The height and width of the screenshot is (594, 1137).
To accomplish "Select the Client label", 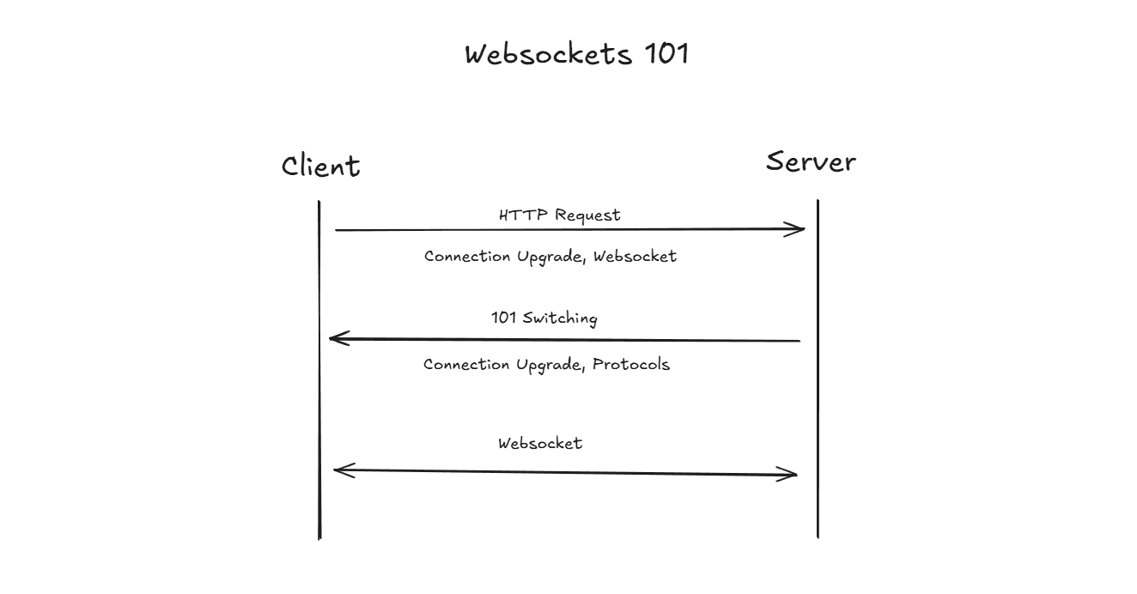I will pyautogui.click(x=320, y=165).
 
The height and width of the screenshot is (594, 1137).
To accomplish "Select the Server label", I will pyautogui.click(x=811, y=161).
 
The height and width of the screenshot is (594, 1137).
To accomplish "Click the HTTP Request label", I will pyautogui.click(x=559, y=215).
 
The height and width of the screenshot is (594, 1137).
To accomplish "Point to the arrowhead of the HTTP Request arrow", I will pyautogui.click(x=799, y=229).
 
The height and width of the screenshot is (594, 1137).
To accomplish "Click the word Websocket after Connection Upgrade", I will pyautogui.click(x=635, y=256).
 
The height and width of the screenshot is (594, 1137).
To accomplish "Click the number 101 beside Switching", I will pyautogui.click(x=503, y=318).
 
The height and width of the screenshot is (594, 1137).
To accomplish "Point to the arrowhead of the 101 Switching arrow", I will pyautogui.click(x=336, y=339).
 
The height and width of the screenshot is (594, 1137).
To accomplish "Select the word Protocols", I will pyautogui.click(x=631, y=364).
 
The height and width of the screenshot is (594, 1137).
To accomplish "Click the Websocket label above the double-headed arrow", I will pyautogui.click(x=540, y=443).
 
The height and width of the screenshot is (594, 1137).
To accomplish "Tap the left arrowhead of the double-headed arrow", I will pyautogui.click(x=340, y=470).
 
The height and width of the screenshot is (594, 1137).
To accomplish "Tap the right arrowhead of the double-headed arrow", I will pyautogui.click(x=792, y=474).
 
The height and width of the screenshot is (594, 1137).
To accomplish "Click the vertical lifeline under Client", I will pyautogui.click(x=319, y=386).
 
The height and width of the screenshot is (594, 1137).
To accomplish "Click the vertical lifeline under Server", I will pyautogui.click(x=818, y=386).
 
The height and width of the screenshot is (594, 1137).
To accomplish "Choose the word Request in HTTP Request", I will pyautogui.click(x=587, y=215).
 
